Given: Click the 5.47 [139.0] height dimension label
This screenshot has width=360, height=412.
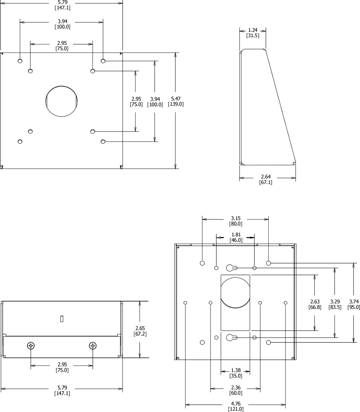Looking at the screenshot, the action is click(176, 101).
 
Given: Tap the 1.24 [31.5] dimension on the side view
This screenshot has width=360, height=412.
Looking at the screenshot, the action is click(253, 33).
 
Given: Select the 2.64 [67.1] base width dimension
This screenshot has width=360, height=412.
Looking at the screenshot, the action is click(266, 179).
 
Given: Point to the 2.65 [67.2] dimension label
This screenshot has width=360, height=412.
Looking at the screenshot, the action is click(140, 331).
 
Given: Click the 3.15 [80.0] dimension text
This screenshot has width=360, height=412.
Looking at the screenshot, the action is click(236, 221).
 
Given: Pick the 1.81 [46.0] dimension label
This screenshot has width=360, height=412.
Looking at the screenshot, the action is click(236, 237).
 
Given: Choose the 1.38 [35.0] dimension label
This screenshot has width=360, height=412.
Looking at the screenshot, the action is click(236, 373).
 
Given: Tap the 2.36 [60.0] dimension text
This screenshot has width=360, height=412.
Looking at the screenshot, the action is click(236, 390).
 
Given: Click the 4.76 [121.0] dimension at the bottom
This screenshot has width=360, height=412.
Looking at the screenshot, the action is click(236, 406).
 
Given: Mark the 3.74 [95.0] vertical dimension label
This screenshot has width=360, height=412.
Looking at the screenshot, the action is click(354, 305).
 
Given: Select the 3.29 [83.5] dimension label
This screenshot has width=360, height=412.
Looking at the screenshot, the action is click(335, 305).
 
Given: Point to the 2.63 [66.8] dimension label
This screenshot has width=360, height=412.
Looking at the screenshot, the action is click(315, 305).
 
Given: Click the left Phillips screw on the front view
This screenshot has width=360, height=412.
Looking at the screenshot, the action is click(31, 346).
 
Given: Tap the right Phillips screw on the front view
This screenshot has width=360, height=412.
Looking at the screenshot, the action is click(93, 346).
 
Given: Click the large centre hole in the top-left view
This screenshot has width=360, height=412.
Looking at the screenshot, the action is click(62, 101).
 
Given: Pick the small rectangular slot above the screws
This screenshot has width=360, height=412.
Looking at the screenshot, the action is click(62, 319).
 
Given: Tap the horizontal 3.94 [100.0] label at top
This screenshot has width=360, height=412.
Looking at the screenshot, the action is click(63, 24).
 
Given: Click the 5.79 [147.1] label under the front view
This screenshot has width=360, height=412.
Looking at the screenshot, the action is click(62, 390).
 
